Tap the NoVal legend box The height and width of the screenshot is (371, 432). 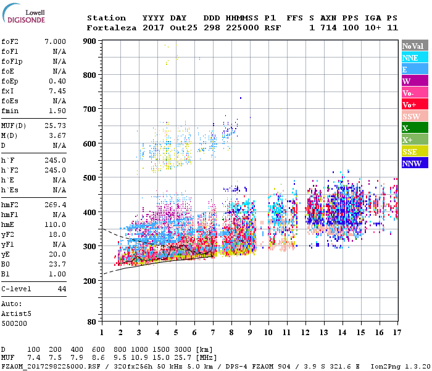click(x=415, y=46)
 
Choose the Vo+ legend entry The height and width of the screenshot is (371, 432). click(x=415, y=104)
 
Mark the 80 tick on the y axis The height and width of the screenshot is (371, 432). click(x=91, y=322)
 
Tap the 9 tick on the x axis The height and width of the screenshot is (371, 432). click(x=250, y=332)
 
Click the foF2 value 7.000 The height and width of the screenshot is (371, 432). click(x=54, y=40)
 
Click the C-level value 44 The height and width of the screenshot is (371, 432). click(x=62, y=289)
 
